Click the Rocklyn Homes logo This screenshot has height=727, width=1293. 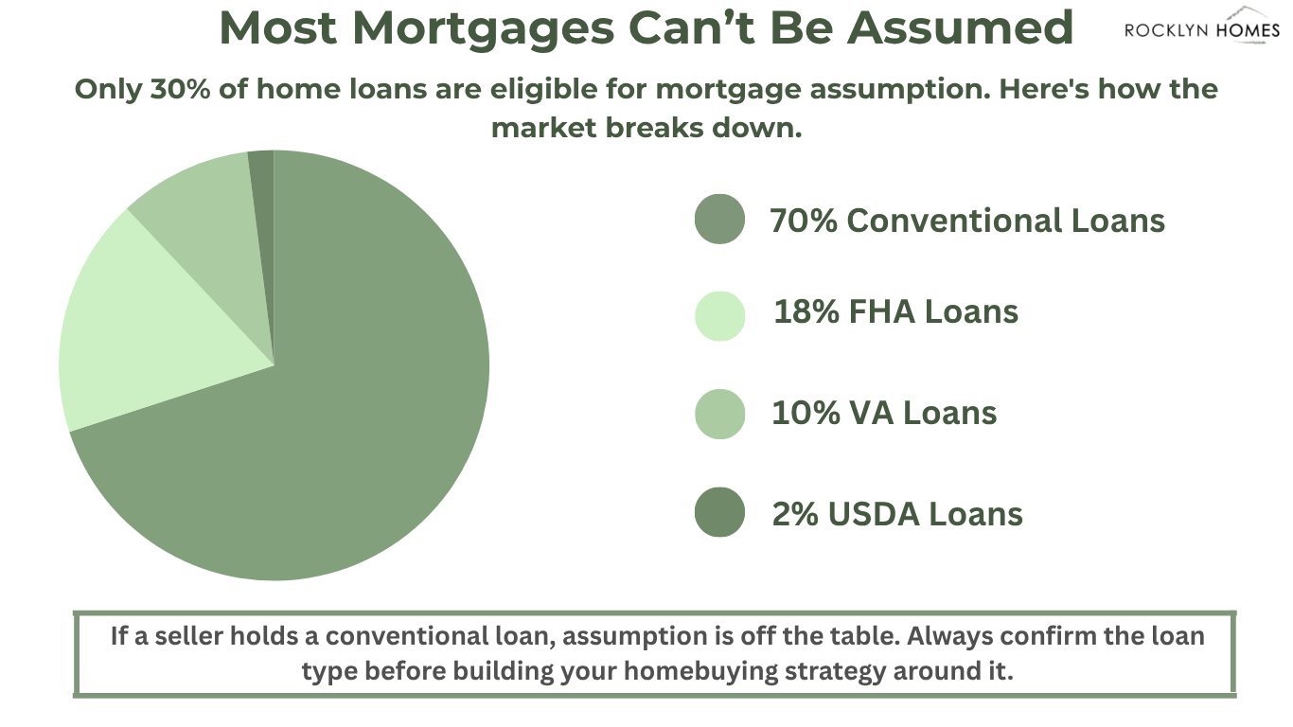(x=1202, y=26)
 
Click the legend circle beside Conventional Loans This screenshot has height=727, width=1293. (x=719, y=219)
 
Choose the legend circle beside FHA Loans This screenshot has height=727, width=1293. (x=719, y=316)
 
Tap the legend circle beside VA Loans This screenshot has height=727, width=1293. (x=719, y=414)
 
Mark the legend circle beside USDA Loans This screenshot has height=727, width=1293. (x=719, y=512)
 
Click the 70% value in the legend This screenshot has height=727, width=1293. (x=804, y=221)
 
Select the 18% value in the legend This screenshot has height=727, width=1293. (x=806, y=311)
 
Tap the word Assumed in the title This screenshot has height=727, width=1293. (x=960, y=27)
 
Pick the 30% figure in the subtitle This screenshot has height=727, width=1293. (x=180, y=90)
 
